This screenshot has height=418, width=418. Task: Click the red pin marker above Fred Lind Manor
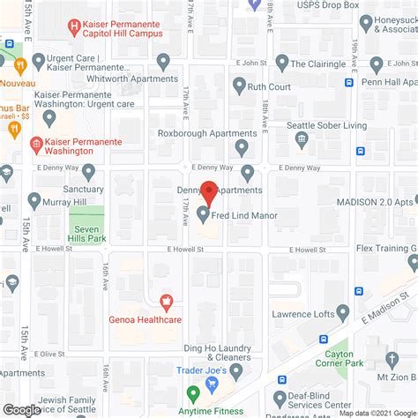pos(209,191)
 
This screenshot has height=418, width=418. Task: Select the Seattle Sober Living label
pos(327,125)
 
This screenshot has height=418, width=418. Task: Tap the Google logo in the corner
pos(21,409)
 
